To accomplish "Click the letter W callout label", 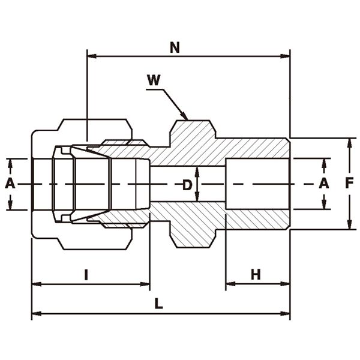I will point(154,80).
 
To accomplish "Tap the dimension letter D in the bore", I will point(187,185).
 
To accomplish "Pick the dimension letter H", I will point(256,275).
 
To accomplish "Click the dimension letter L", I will point(158,304).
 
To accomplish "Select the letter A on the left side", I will point(10,184).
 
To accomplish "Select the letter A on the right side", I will point(324,184).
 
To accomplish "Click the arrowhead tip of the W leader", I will point(187,118).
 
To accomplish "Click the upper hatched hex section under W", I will point(192,135).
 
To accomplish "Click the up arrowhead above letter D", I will point(197,169).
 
